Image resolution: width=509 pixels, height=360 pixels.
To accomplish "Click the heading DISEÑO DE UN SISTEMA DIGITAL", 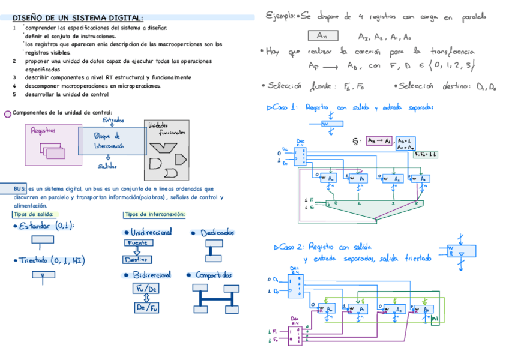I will (78, 18).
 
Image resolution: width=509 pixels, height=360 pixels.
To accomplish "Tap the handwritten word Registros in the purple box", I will (44, 130).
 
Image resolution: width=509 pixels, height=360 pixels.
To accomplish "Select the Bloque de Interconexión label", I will (108, 141).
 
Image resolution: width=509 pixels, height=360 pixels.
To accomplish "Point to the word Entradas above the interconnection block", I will (114, 119).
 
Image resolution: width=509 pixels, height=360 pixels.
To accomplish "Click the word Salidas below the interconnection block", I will (108, 166).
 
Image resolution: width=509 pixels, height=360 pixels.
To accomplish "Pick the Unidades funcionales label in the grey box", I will (166, 128).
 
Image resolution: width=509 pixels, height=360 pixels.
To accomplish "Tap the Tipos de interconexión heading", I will (155, 214).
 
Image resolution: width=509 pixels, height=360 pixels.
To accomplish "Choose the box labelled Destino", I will (137, 260).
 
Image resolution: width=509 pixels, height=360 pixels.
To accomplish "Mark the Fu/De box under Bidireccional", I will (146, 289).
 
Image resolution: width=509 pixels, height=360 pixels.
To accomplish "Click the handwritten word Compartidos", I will (214, 275).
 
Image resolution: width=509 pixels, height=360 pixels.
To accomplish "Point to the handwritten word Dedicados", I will (217, 233).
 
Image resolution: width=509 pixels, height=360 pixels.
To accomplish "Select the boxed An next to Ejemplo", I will (322, 36).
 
